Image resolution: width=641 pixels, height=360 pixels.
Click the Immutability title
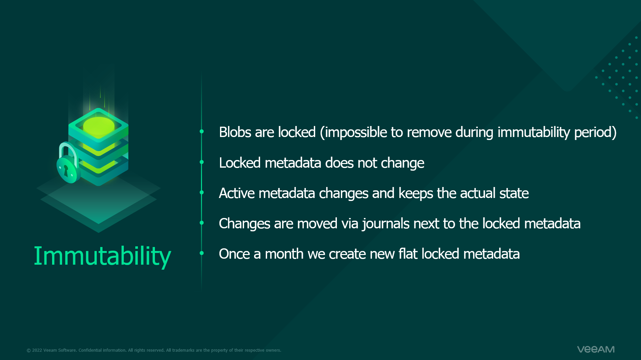click(102, 256)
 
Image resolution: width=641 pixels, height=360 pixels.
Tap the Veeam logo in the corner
click(596, 349)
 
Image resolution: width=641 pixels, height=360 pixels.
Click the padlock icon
click(68, 163)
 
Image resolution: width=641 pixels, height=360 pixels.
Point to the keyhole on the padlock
click(66, 171)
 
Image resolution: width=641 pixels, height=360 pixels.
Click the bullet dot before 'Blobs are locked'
click(202, 132)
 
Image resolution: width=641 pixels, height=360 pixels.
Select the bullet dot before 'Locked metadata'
click(202, 162)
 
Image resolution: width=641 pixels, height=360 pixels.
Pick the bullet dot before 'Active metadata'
click(202, 192)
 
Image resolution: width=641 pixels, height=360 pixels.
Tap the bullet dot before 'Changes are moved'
click(202, 223)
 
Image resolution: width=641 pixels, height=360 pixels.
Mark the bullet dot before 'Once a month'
click(202, 253)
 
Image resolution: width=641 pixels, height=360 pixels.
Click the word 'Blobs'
click(235, 132)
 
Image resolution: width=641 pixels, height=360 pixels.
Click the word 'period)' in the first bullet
click(595, 133)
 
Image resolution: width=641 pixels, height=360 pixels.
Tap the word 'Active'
click(237, 193)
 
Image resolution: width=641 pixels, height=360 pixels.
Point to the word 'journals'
click(386, 224)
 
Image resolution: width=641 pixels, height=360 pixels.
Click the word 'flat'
click(408, 254)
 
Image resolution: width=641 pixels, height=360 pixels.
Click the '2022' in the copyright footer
click(37, 350)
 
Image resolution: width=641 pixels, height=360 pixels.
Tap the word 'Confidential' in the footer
click(90, 350)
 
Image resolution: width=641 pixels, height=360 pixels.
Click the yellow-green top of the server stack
click(98, 126)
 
